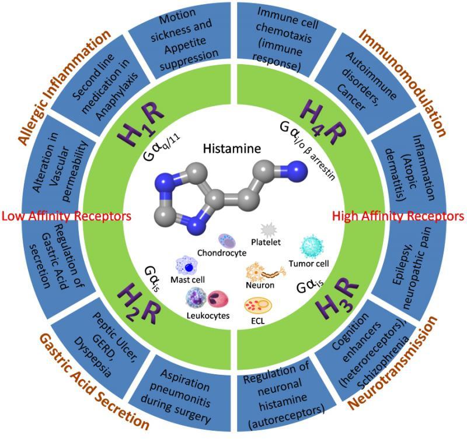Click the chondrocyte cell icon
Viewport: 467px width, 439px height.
[x=226, y=240]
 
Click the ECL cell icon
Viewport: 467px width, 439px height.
[x=257, y=305]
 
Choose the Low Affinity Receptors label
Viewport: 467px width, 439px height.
[x=67, y=216]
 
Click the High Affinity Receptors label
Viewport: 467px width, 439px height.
[x=398, y=216]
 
